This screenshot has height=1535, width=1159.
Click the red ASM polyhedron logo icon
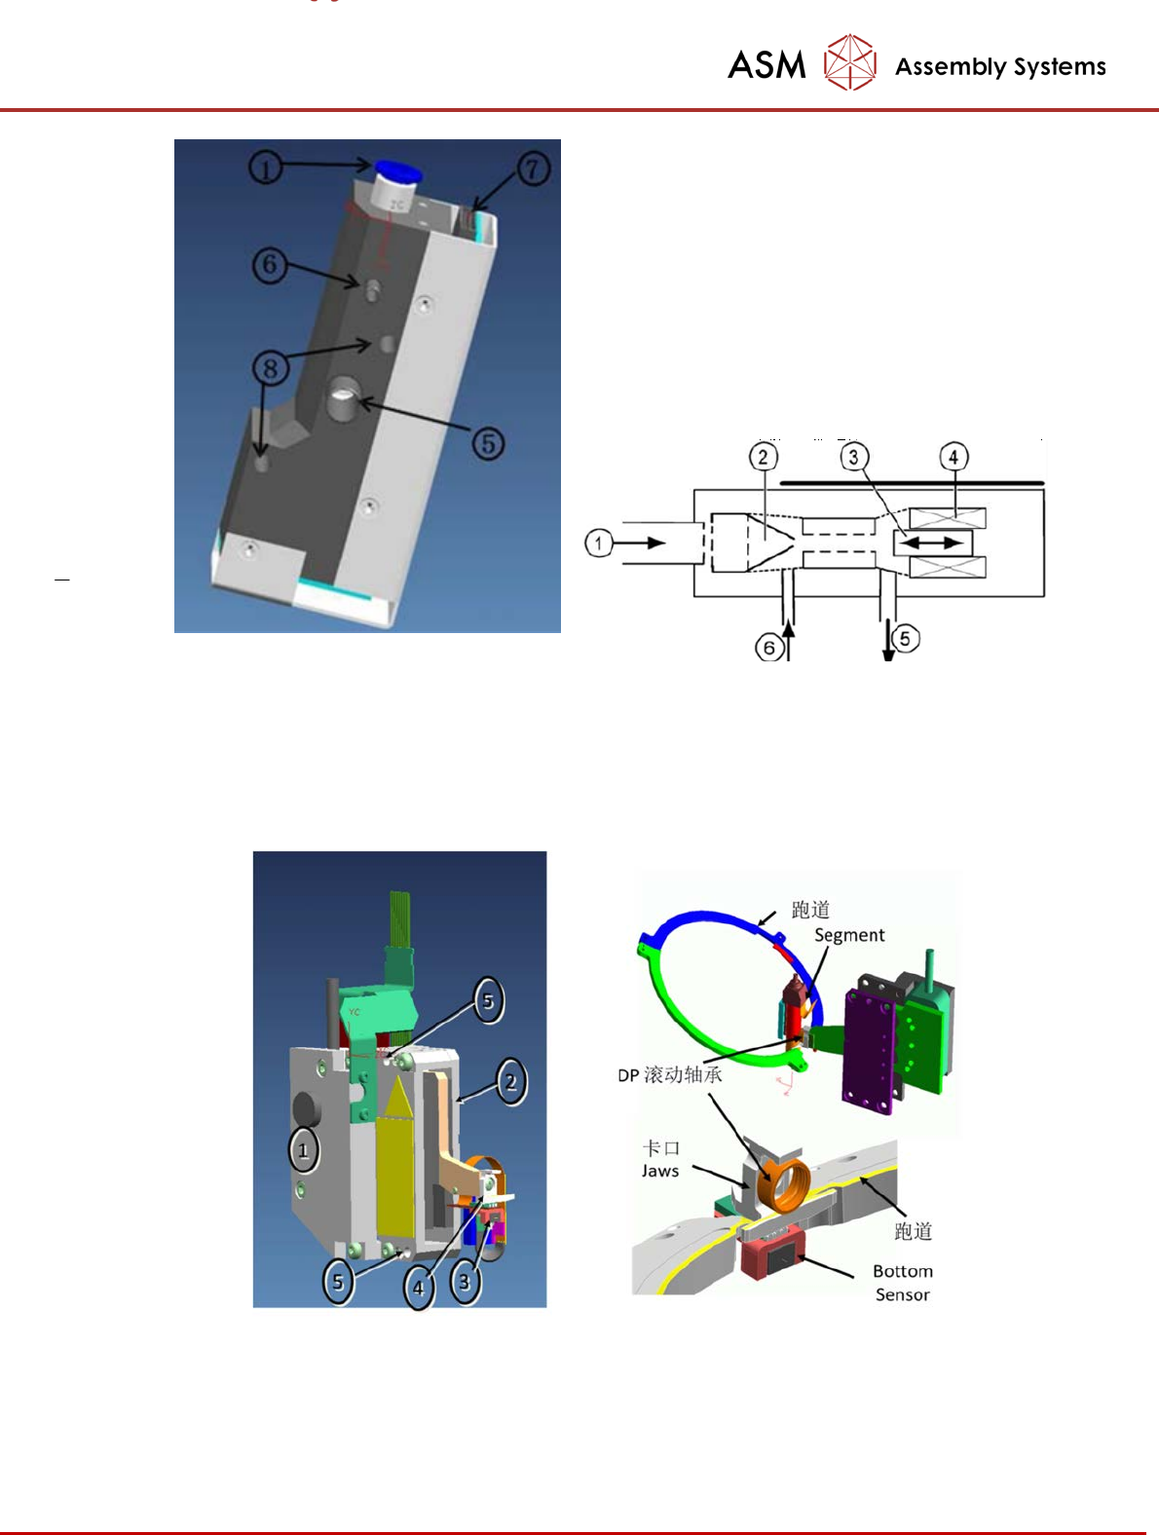[x=849, y=62]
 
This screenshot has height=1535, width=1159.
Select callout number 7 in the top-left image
[x=534, y=168]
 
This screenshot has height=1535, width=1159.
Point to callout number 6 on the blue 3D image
[x=269, y=265]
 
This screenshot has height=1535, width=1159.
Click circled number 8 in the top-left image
[x=271, y=368]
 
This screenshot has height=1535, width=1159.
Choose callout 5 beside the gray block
[x=488, y=443]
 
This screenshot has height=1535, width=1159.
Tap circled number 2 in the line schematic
[x=764, y=458]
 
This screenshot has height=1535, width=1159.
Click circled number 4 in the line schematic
[x=953, y=458]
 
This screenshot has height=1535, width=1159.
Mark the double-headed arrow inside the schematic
[x=932, y=542]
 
